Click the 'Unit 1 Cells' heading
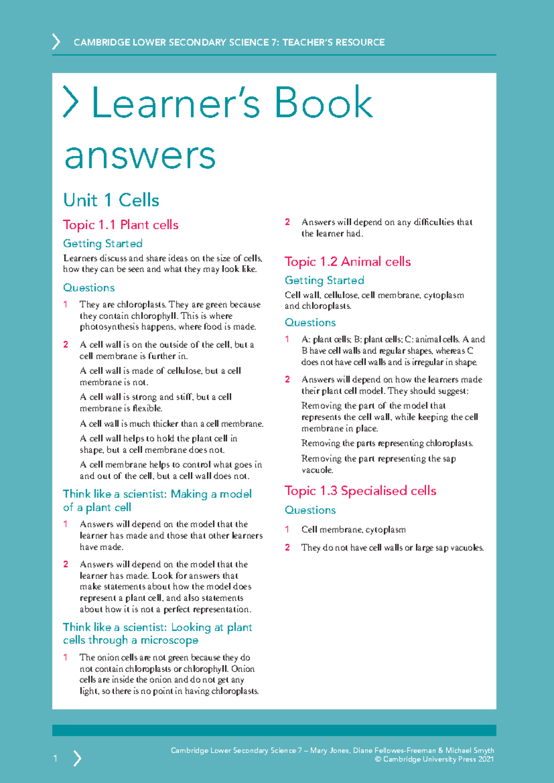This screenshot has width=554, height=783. (111, 200)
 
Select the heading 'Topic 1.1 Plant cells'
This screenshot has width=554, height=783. (120, 225)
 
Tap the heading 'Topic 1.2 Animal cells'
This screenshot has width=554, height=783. (347, 262)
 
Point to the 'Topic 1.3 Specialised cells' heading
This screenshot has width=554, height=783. (360, 491)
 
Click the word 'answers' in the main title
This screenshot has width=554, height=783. (140, 156)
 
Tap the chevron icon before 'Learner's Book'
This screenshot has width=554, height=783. (71, 102)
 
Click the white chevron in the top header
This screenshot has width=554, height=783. (56, 42)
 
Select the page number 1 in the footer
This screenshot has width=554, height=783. (55, 758)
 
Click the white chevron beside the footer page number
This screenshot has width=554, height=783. (77, 758)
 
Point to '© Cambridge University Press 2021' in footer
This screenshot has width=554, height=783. (434, 759)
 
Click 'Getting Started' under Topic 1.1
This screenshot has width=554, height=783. (102, 243)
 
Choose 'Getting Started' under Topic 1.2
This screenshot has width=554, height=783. (324, 280)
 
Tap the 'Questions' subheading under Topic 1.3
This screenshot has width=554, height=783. (310, 510)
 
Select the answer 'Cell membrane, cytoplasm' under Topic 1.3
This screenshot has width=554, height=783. (353, 530)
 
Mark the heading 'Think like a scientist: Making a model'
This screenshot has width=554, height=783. (157, 494)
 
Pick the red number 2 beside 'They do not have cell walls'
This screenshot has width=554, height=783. (287, 548)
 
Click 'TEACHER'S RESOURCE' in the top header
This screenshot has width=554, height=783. (333, 42)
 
